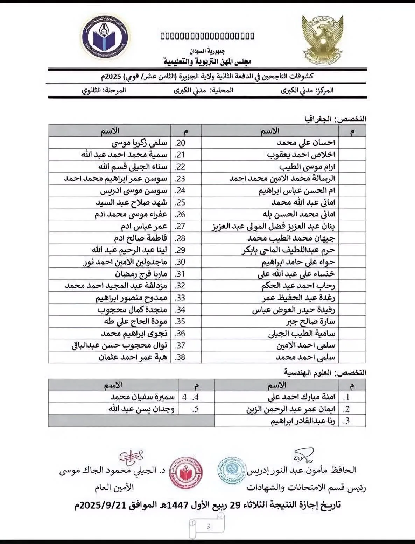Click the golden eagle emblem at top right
click(x=323, y=41)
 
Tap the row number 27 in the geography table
click(x=180, y=226)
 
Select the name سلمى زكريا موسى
click(x=139, y=143)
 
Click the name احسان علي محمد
click(x=306, y=143)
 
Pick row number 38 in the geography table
click(x=180, y=357)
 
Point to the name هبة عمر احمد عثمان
click(x=133, y=357)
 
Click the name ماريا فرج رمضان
click(x=141, y=274)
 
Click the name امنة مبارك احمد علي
click(x=301, y=397)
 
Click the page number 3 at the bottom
click(x=208, y=527)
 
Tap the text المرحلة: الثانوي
click(x=104, y=90)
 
